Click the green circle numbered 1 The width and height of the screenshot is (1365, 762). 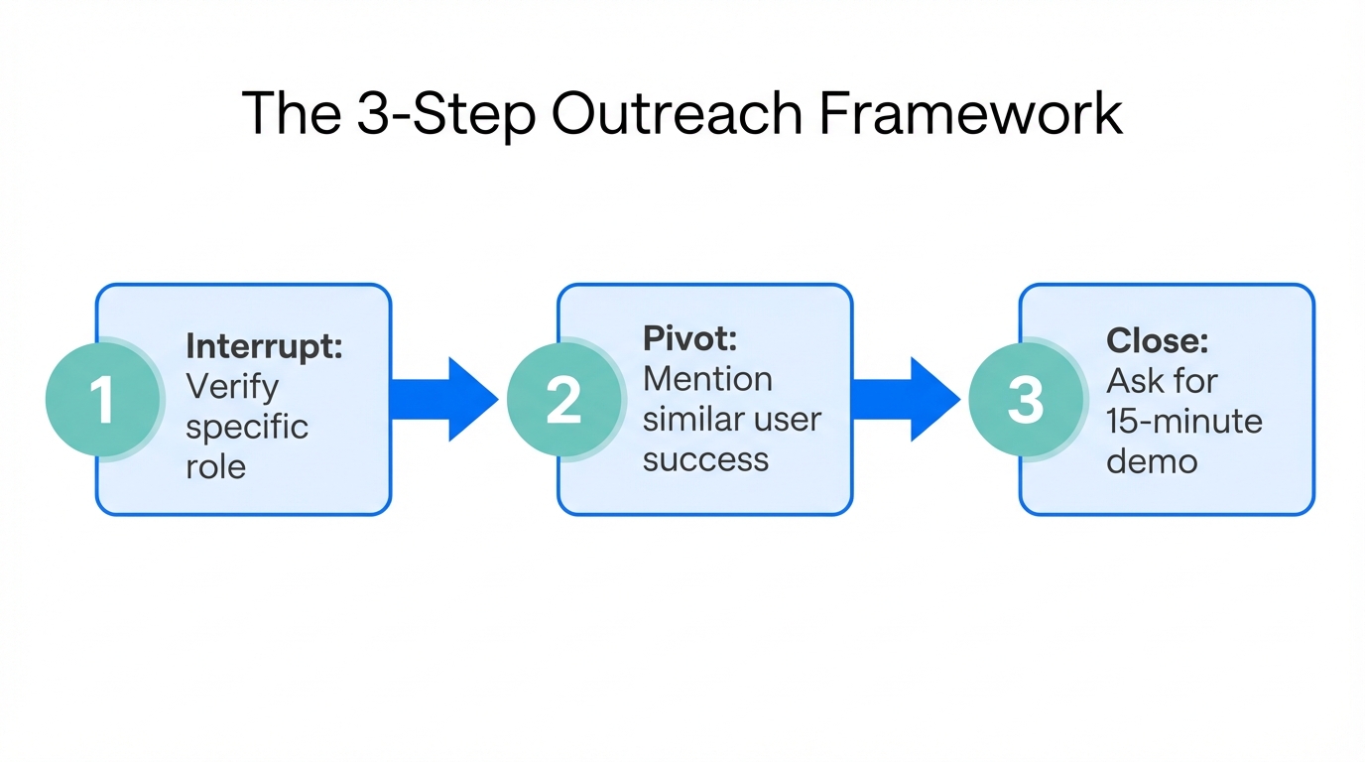click(103, 400)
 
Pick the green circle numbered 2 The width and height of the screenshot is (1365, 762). click(564, 400)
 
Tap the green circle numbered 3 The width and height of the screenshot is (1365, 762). click(1026, 400)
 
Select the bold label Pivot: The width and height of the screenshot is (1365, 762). click(690, 338)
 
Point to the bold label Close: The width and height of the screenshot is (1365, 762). click(1158, 340)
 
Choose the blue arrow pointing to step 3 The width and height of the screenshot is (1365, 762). click(906, 399)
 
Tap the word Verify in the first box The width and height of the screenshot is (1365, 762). click(232, 387)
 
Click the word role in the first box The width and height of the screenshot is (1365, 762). click(215, 466)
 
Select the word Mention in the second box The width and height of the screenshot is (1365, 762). click(707, 379)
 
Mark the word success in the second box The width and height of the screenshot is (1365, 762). click(705, 459)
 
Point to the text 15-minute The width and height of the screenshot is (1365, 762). click(1184, 421)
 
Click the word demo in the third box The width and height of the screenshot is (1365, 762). click(1152, 461)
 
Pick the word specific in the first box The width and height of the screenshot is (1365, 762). click(247, 427)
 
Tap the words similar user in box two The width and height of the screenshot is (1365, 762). click(732, 420)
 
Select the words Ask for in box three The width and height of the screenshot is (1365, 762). click(1162, 381)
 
